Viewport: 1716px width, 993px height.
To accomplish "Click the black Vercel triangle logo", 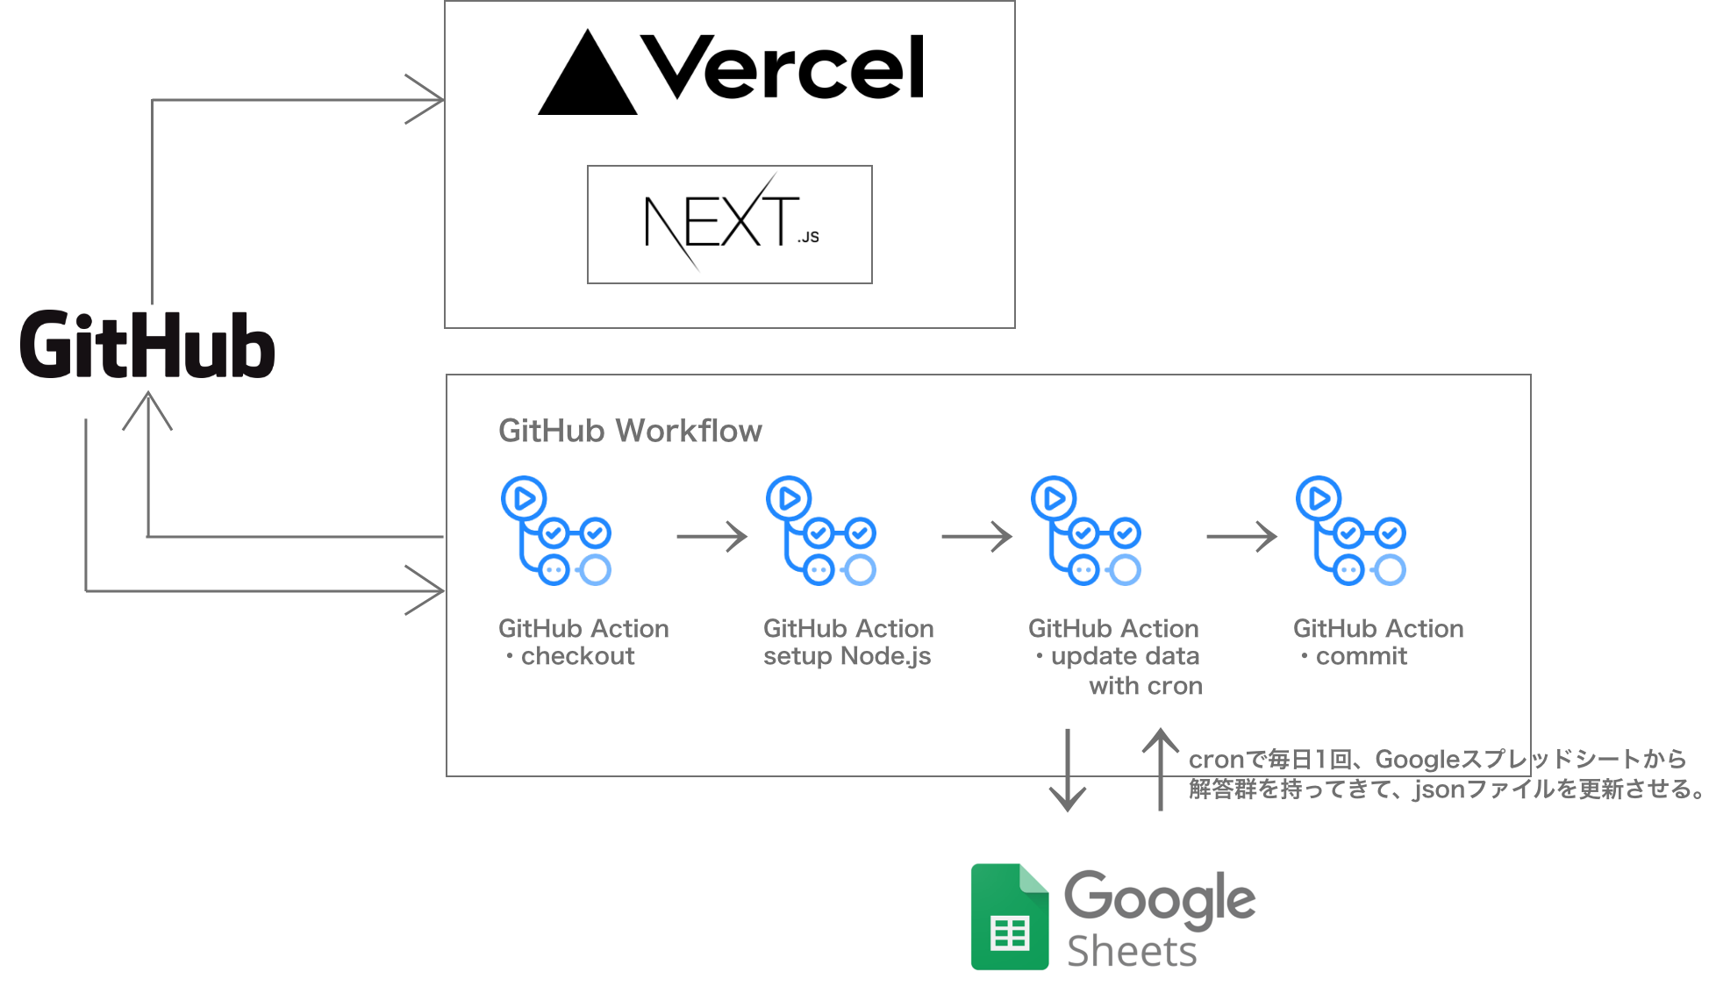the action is coord(588,74).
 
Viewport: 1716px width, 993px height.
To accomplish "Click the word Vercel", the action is coord(783,68).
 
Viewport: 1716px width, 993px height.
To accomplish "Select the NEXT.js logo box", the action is coord(730,225).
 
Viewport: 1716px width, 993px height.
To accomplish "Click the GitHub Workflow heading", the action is coord(630,431).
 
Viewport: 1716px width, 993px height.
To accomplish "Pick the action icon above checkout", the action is coord(556,531).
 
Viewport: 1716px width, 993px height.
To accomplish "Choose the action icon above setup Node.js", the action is coord(821,531).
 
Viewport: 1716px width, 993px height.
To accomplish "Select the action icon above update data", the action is coord(1086,531).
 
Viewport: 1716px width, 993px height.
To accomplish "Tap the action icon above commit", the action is coord(1351,531).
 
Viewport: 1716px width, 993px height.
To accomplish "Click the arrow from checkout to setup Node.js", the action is coord(711,536).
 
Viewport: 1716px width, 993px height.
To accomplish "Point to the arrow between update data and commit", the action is coord(1241,536).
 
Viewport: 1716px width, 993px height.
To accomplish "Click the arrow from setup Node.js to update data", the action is coord(976,536).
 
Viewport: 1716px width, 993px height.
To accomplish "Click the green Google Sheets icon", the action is coord(1010,917).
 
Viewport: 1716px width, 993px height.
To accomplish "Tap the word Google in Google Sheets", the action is coord(1160,899).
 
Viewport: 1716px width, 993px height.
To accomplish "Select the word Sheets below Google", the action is coord(1132,952).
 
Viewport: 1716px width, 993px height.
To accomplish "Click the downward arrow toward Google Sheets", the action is coord(1068,770).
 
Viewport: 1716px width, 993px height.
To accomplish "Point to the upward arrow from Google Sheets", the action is coord(1161,769).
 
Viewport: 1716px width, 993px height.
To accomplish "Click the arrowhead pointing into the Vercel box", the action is coord(425,100).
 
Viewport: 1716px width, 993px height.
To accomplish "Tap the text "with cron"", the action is coord(1146,686).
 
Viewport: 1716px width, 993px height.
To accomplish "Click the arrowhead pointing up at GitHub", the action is coord(147,411).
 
